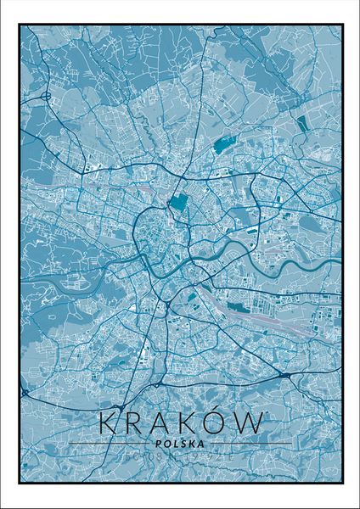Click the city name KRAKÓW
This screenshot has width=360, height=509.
click(181, 422)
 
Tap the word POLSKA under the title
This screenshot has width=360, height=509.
click(181, 441)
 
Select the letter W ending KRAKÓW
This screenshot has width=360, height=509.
click(251, 422)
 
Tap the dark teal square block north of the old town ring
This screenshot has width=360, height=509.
click(178, 202)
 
